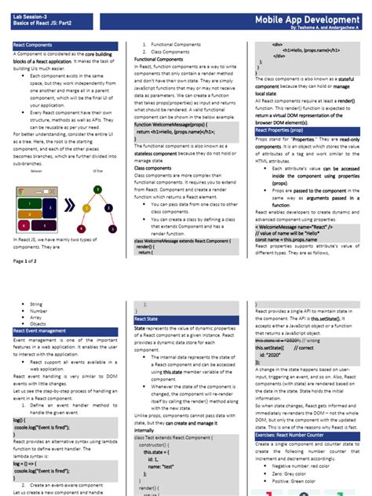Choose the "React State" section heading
146,319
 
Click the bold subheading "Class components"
154,167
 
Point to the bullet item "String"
36,303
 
